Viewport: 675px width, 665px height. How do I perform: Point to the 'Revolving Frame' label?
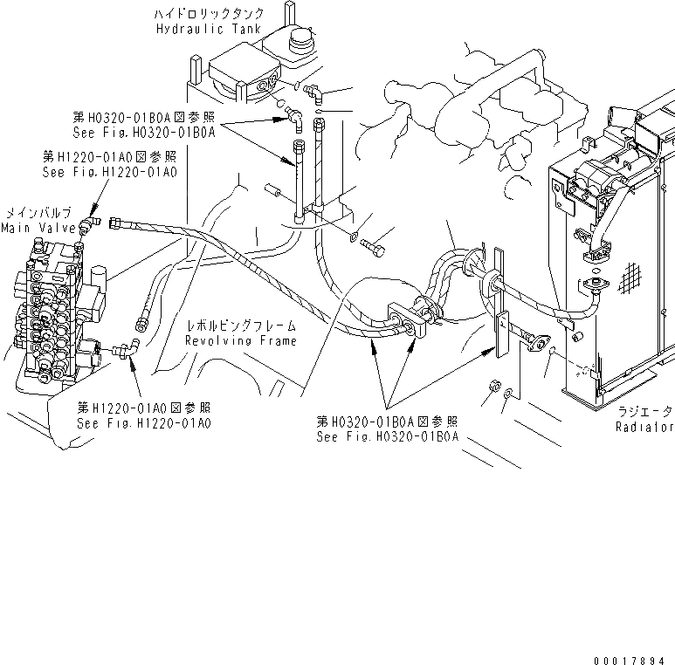pos(240,340)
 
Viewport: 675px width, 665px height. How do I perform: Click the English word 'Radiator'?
pos(644,427)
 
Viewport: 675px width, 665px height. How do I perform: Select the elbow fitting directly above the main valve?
pos(87,226)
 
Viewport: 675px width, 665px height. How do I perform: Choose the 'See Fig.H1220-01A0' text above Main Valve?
pos(108,173)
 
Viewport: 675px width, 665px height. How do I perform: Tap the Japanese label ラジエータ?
pos(644,411)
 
